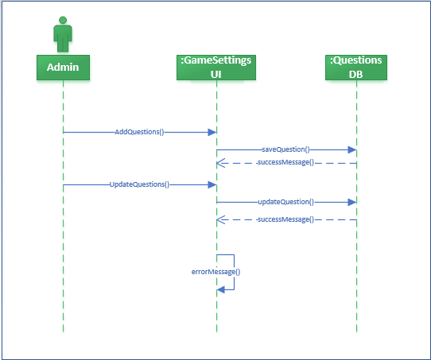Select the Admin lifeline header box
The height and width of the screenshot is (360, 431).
(x=63, y=67)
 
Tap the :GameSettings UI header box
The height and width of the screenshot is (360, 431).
(x=216, y=67)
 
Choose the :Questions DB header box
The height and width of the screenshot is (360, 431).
(x=356, y=67)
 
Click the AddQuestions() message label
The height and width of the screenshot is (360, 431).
(x=139, y=132)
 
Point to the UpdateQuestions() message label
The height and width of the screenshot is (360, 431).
(x=139, y=184)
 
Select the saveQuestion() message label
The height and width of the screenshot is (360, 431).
(x=285, y=149)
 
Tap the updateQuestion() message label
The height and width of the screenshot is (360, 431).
(x=285, y=202)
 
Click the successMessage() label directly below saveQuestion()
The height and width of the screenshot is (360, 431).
(x=285, y=163)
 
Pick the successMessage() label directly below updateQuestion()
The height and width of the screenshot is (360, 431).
(x=285, y=219)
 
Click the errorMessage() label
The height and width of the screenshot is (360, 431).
(x=215, y=272)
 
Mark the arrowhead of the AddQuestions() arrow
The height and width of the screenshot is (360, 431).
(x=212, y=132)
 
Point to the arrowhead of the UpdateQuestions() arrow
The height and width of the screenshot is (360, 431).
(x=212, y=184)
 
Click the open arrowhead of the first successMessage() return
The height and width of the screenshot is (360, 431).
(x=222, y=163)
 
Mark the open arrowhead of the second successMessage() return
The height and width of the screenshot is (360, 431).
(x=222, y=219)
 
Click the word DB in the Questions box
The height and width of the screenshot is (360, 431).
(x=356, y=73)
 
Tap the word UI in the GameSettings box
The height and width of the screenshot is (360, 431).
(x=216, y=73)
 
